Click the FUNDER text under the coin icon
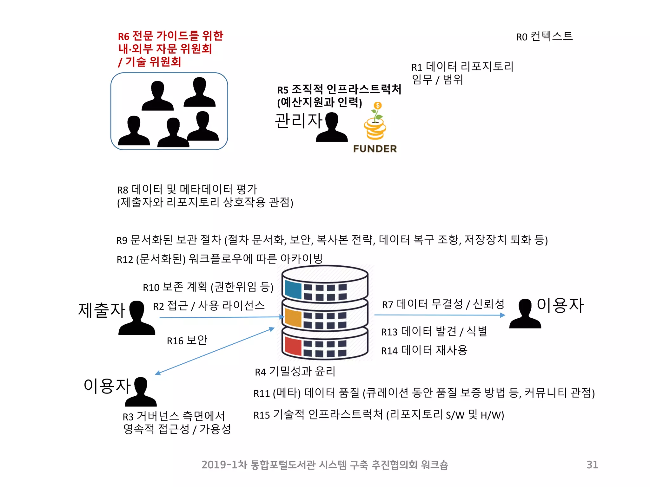point(375,149)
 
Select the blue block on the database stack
point(293,289)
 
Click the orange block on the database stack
point(293,317)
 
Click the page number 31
point(592,464)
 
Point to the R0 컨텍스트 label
point(544,36)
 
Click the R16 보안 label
point(187,340)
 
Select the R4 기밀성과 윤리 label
point(295,371)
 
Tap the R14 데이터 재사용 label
point(424,350)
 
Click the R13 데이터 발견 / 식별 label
point(434,331)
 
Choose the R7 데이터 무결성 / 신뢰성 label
point(443,304)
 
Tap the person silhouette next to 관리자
point(332,127)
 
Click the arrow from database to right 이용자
point(440,315)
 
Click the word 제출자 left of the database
point(102,310)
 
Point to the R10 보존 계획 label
point(208,287)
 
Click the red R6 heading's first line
point(170,36)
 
